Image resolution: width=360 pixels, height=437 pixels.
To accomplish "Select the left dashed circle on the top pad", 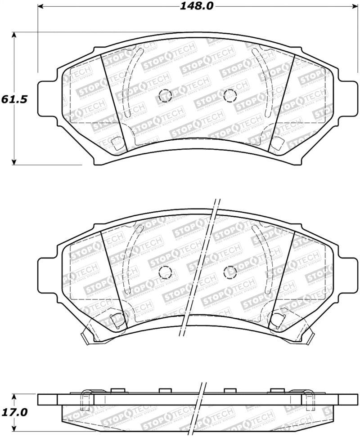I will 166,95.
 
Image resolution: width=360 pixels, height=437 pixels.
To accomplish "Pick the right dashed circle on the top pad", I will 230,95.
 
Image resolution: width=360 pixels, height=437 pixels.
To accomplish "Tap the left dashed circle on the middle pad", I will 166,272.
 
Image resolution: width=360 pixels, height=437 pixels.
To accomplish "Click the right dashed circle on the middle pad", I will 230,272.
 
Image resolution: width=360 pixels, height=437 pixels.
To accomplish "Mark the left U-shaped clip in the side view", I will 86,400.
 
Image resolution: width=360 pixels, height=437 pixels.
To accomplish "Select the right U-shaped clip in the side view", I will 309,400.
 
